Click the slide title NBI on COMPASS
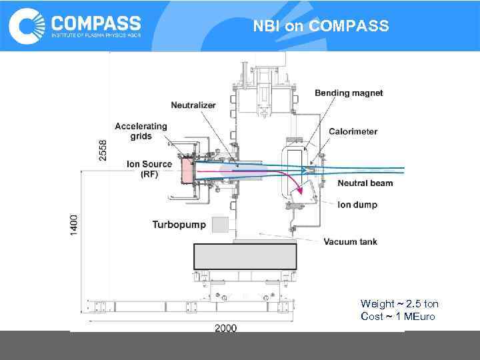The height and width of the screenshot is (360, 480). pos(321,27)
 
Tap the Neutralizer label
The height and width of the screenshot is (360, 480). pos(194,105)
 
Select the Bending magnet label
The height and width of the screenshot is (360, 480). pos(349,93)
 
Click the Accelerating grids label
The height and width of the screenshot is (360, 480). pos(141,131)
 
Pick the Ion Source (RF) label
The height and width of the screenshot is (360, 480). pos(149,169)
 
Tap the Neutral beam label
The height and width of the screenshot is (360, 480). pos(365,183)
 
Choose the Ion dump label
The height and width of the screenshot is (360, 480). pos(357,205)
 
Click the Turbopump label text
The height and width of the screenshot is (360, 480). pos(179,225)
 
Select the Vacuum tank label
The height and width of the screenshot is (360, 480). pos(350,241)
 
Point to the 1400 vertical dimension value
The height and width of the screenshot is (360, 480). pos(74,223)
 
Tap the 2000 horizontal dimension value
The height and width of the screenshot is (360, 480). pos(225,328)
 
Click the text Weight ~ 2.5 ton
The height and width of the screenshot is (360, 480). pos(399,304)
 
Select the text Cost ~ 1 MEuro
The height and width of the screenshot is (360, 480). pos(397,316)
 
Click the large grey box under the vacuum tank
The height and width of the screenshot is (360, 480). pos(245,256)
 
